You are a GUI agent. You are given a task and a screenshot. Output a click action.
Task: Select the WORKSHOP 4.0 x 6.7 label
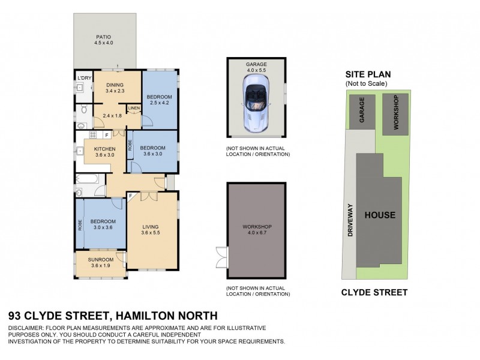click(x=257, y=230)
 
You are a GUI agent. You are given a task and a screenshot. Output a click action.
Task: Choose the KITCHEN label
click(x=104, y=149)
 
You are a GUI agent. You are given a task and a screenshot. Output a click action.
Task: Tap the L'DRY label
click(x=83, y=79)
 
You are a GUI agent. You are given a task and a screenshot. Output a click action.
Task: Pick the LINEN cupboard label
click(x=134, y=108)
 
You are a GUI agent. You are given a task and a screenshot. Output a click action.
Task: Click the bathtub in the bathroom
click(x=90, y=178)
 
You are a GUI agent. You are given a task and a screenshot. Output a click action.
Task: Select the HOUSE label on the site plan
click(x=380, y=214)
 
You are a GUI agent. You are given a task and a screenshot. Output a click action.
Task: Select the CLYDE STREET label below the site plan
click(x=374, y=293)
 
